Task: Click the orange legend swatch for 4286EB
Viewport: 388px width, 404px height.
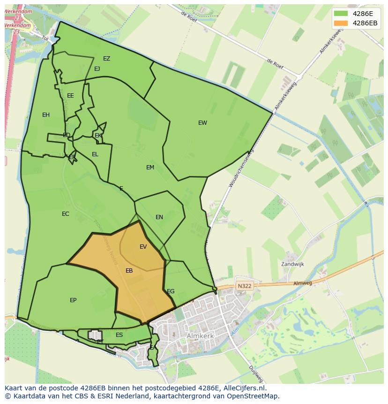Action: click(341, 23)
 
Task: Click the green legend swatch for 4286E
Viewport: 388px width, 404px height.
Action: click(341, 13)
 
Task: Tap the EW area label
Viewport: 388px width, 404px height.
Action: click(202, 123)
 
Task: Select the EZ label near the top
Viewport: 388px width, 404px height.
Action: click(107, 59)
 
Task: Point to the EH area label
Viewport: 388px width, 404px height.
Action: click(46, 115)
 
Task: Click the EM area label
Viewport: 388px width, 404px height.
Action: click(150, 168)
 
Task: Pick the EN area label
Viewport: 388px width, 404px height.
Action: click(159, 217)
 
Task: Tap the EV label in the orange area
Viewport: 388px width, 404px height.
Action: click(143, 247)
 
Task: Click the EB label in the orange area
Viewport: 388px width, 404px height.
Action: click(129, 271)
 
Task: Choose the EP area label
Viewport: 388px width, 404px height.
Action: click(73, 300)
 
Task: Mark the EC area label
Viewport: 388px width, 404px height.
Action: click(66, 214)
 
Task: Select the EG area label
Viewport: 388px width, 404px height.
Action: click(171, 291)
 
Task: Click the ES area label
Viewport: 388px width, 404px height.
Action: click(119, 335)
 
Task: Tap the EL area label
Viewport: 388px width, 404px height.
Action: click(95, 154)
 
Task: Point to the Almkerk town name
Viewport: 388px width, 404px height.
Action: click(200, 336)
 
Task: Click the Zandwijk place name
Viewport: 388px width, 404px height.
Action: click(292, 264)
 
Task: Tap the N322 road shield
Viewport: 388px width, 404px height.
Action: click(244, 286)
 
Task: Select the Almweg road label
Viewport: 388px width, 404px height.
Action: click(302, 283)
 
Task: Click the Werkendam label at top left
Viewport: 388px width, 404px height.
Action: click(19, 11)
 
